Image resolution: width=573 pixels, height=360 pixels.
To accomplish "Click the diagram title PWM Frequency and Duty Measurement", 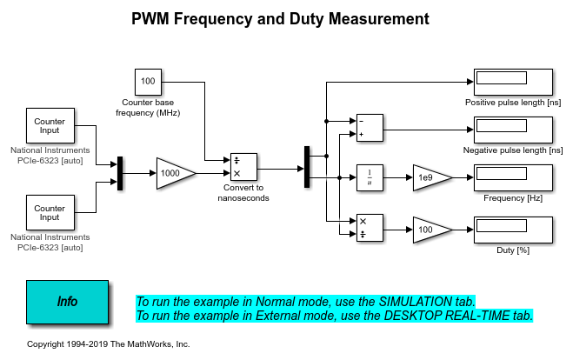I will click(280, 18).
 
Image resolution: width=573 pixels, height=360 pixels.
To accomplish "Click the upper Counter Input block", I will click(50, 128).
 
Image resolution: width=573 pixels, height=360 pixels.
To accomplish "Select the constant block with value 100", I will click(148, 82).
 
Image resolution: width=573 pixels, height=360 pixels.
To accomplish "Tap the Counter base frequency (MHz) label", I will click(149, 108).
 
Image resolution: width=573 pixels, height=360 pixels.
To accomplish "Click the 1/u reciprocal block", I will click(370, 177).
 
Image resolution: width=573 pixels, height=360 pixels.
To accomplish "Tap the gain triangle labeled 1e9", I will click(431, 177).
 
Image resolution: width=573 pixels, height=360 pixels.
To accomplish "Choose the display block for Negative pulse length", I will click(513, 130).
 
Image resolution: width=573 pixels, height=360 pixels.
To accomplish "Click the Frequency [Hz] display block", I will click(513, 178).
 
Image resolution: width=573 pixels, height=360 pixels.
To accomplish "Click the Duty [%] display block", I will click(513, 230).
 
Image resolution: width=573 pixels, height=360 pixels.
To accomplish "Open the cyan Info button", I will click(67, 302).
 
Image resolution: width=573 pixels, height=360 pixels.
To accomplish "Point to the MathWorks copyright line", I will click(109, 344).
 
